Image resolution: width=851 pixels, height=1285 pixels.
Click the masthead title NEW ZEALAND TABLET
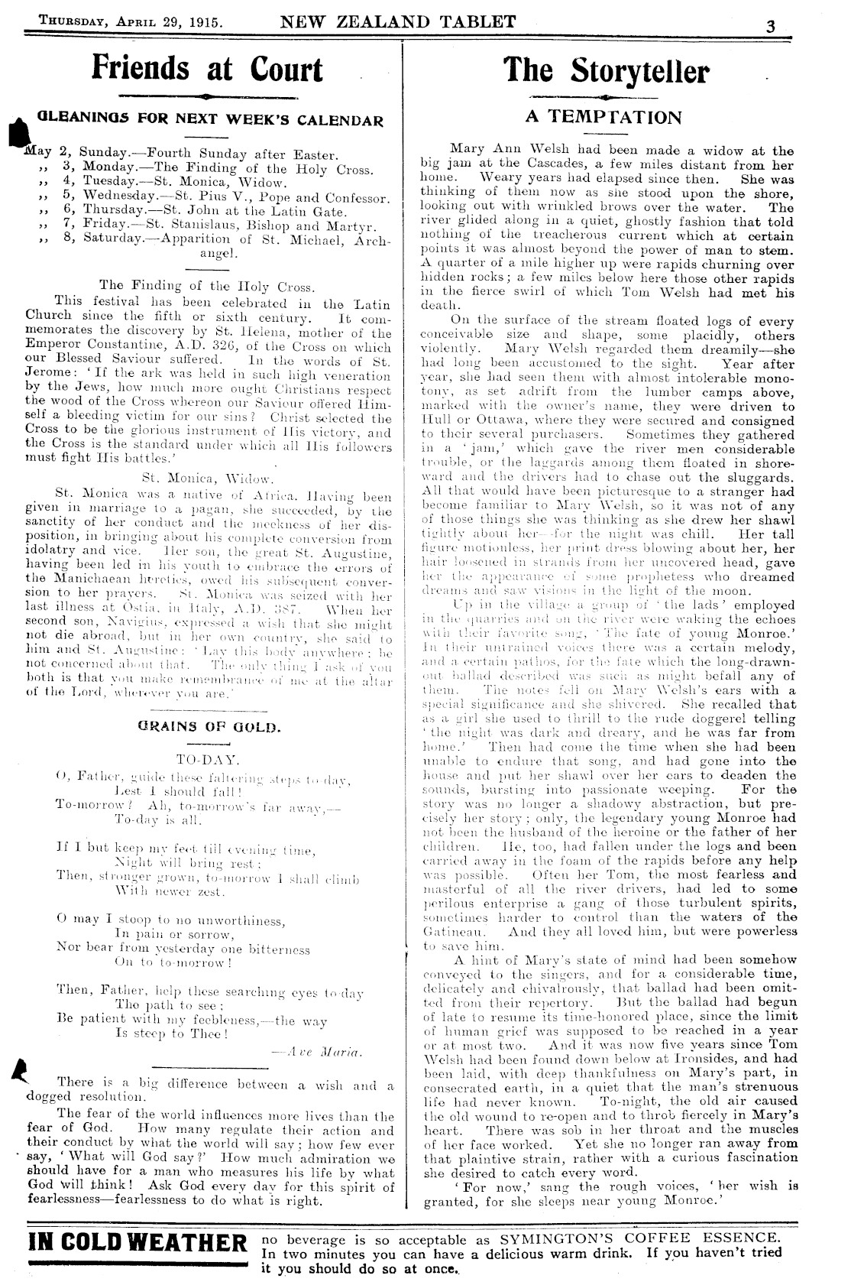pos(398,21)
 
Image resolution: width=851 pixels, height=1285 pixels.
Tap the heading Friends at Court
pos(207,69)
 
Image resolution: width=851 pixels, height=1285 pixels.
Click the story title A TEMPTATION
pos(603,117)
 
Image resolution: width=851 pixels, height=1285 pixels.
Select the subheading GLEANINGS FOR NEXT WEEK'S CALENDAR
pos(210,120)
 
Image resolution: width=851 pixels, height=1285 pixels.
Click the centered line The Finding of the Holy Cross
pos(207,287)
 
